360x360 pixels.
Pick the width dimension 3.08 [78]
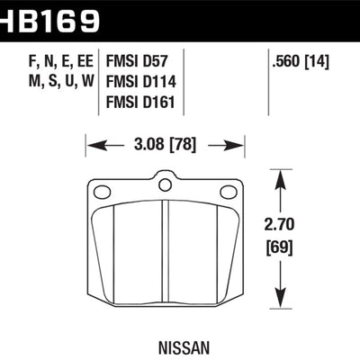[x=166, y=143]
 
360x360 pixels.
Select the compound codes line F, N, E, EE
[x=47, y=63]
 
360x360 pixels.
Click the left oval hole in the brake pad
[x=102, y=191]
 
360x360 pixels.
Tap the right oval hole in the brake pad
[x=228, y=191]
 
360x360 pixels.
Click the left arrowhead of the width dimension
[x=90, y=143]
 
